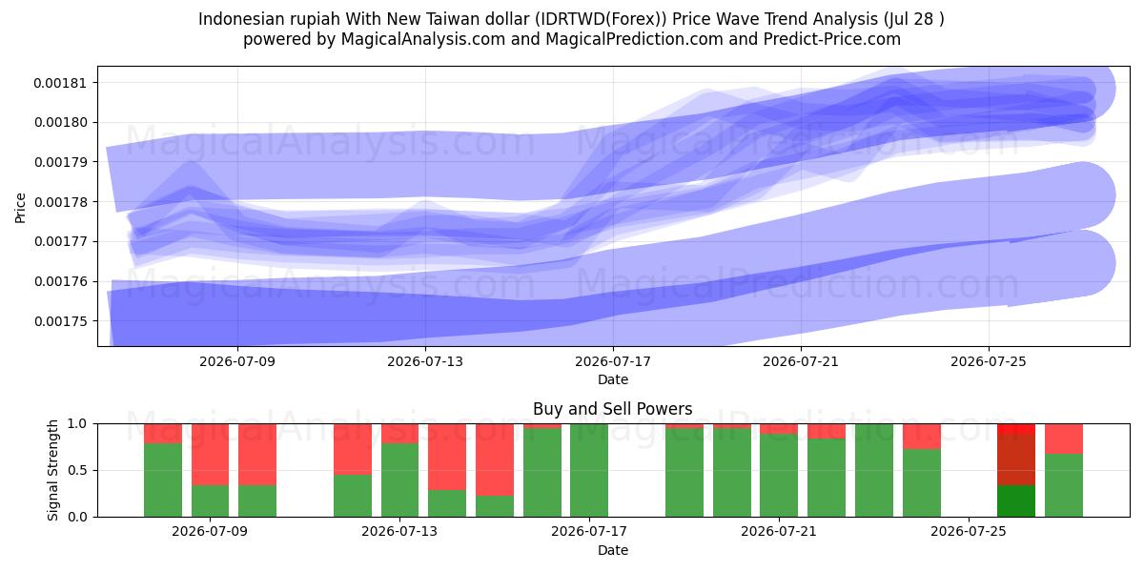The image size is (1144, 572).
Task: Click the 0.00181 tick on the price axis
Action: click(59, 83)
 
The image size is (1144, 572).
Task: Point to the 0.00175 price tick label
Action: click(59, 321)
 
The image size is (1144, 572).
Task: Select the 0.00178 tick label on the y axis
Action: click(59, 202)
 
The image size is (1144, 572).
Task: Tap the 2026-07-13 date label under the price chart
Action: click(425, 361)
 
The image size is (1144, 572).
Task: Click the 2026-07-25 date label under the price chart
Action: click(989, 361)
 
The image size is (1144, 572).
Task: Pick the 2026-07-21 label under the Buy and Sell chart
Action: click(779, 531)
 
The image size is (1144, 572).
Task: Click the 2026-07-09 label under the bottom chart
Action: click(210, 531)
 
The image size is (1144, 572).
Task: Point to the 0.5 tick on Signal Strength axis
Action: click(77, 470)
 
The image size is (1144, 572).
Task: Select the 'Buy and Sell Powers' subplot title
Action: click(612, 409)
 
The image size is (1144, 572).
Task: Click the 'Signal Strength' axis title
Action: click(52, 470)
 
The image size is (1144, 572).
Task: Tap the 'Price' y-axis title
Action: click(20, 208)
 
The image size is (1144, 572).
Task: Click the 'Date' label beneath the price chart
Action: click(613, 379)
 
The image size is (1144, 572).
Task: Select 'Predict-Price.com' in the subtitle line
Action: click(832, 39)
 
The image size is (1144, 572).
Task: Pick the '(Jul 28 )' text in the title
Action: click(913, 19)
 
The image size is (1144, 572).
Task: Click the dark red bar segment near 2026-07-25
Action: click(1016, 460)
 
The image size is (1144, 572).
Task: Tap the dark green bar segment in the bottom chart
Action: click(1016, 501)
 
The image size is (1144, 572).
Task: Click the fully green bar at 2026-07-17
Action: click(589, 470)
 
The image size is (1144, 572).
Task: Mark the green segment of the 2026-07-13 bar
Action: click(399, 480)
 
